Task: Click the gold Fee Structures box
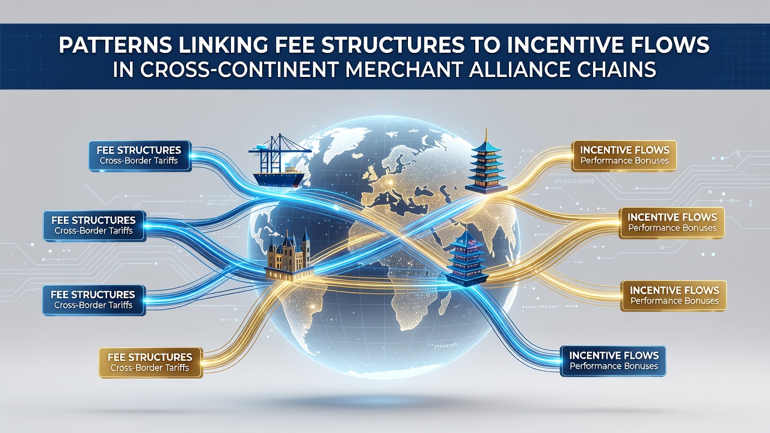tap(150, 363)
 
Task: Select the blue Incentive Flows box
tap(613, 361)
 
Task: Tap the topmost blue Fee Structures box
tap(140, 156)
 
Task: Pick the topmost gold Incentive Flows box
tap(624, 156)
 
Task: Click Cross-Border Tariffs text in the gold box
tap(150, 368)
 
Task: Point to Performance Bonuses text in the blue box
tap(614, 366)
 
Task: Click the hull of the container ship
tap(279, 179)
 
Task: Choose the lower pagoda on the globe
tap(467, 258)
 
